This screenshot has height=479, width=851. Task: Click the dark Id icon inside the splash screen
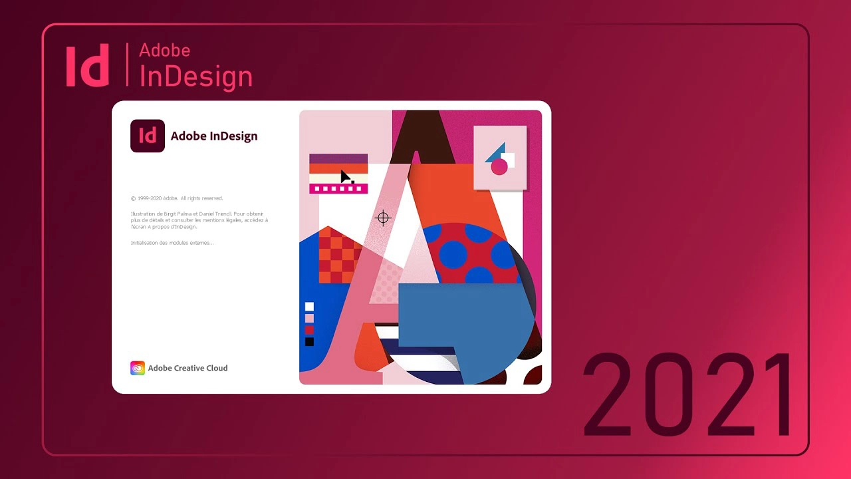[148, 135]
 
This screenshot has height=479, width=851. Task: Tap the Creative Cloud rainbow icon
[138, 368]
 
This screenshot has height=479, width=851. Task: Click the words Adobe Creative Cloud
[187, 368]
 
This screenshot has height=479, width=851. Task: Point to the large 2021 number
[688, 395]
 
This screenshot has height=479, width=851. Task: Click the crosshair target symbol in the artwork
[383, 218]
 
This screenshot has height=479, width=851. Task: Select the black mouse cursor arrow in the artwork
[346, 176]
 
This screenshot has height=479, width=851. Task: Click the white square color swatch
[309, 307]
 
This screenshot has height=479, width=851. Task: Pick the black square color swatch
[309, 342]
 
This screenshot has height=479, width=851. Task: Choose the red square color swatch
[309, 330]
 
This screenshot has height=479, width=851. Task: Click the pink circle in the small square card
[499, 167]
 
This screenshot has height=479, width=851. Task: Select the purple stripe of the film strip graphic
[338, 158]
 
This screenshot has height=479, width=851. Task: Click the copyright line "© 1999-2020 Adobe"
[177, 198]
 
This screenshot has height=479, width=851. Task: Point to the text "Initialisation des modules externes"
[172, 243]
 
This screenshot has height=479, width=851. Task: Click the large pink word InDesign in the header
[195, 77]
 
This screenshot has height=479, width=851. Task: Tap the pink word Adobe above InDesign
[164, 51]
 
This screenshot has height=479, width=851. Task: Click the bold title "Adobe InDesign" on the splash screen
[214, 136]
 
